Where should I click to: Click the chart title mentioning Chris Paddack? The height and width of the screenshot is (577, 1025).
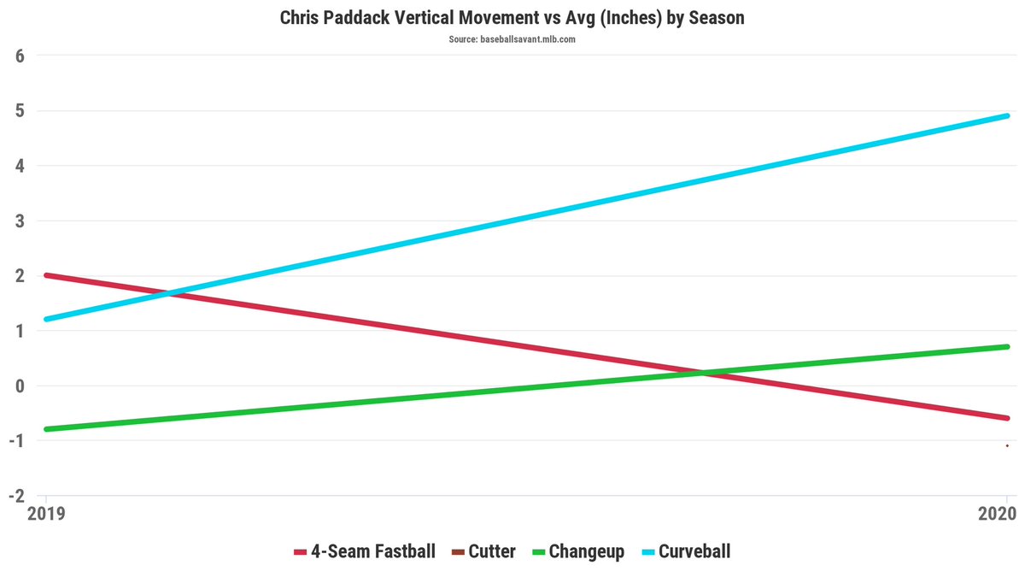[512, 17]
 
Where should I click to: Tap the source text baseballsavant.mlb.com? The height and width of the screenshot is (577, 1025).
[512, 39]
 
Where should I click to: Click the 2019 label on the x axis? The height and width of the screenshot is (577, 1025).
[45, 515]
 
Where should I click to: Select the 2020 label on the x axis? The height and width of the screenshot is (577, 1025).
[996, 515]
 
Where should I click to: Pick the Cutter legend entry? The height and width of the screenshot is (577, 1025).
[483, 551]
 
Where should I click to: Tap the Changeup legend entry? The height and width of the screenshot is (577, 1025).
[577, 551]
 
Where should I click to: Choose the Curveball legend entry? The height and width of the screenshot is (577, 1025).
[683, 551]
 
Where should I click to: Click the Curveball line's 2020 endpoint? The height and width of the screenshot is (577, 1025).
[1007, 115]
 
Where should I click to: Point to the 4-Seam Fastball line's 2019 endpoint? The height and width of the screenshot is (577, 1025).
[46, 275]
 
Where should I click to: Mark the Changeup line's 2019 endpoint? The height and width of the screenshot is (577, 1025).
[46, 429]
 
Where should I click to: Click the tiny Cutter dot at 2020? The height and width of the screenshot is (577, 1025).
[1007, 445]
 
